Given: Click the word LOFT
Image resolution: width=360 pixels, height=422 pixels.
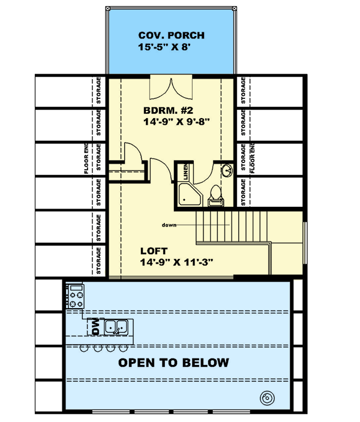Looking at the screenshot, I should [154, 251].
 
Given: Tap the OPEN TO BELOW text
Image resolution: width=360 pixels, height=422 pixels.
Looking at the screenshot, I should [173, 363].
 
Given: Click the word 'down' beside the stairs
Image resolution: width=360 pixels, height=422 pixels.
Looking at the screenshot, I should [169, 225].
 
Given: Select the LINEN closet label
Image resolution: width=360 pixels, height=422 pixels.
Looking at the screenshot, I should [186, 172].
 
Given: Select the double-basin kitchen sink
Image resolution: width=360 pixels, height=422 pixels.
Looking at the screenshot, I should [116, 327].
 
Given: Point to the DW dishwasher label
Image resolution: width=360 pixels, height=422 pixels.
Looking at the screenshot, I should [95, 328].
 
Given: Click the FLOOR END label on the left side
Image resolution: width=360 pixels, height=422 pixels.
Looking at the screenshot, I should [86, 160].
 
